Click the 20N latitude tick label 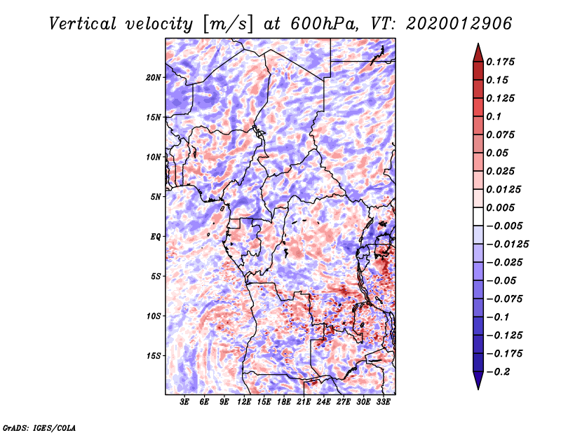click(154, 77)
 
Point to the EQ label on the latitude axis click(156, 237)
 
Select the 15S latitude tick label click(154, 356)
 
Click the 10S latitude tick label click(154, 316)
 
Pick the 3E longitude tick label click(185, 403)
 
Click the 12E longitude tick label click(244, 403)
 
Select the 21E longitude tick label click(304, 403)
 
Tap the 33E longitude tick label click(383, 403)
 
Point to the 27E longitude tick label click(344, 403)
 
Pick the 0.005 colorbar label click(502, 207)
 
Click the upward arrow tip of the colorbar click(477, 45)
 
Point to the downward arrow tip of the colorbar click(477, 387)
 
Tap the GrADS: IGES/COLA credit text click(39, 427)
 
